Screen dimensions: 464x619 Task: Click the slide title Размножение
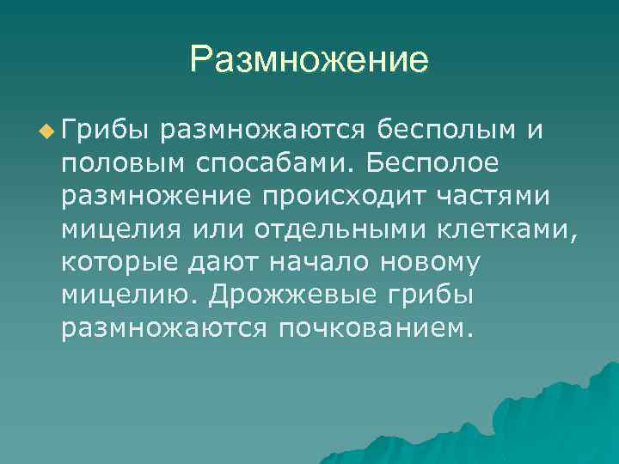pyautogui.click(x=309, y=60)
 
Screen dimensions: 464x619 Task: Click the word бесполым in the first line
pyautogui.click(x=448, y=131)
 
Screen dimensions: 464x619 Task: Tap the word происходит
pyautogui.click(x=333, y=197)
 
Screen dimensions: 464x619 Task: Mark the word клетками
pyautogui.click(x=512, y=229)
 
